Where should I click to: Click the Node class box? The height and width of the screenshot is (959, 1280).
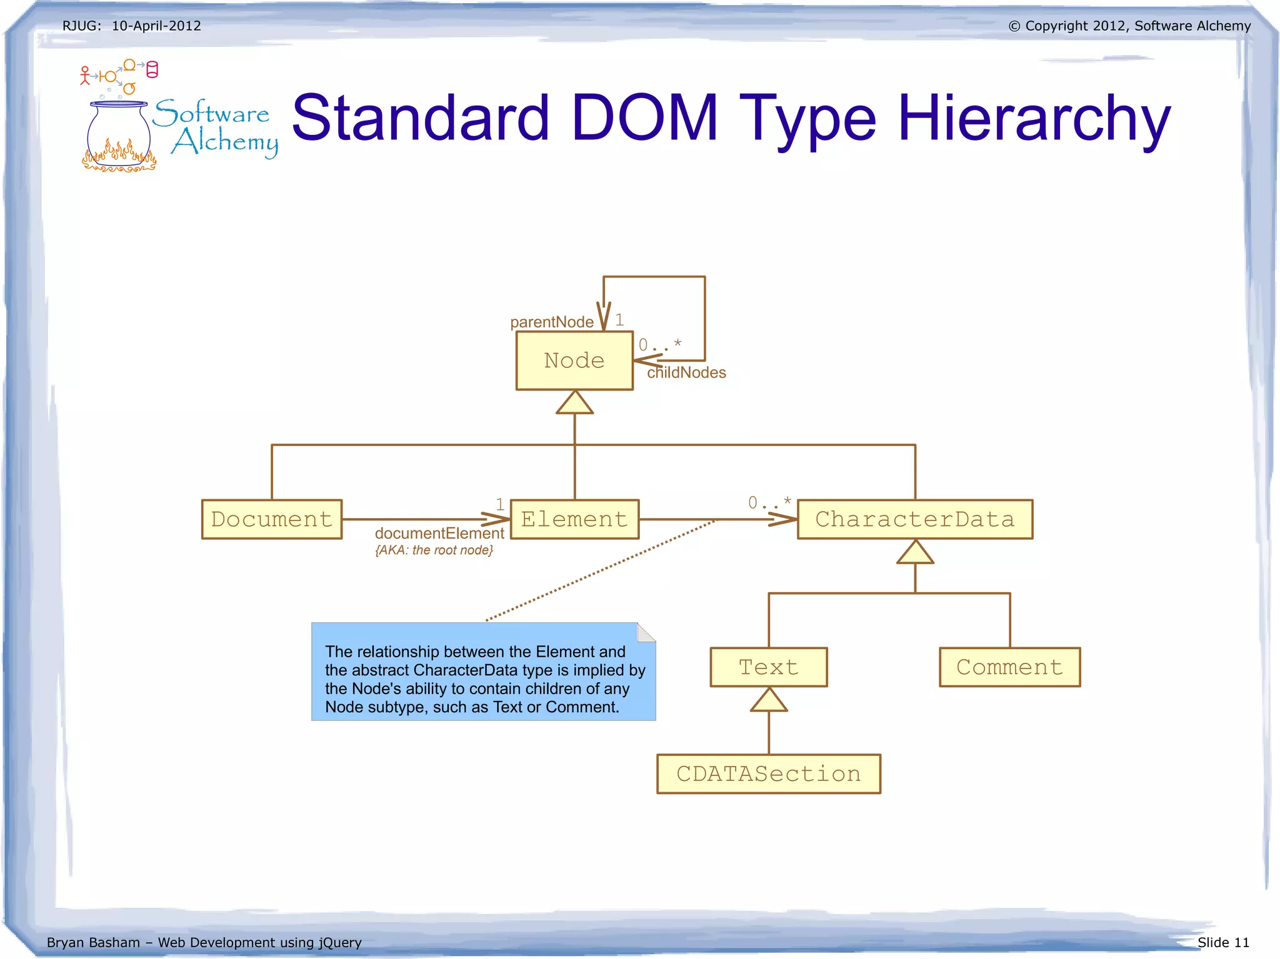click(x=574, y=360)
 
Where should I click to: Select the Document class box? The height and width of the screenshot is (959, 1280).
click(x=272, y=519)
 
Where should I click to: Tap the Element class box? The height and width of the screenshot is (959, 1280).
click(x=574, y=519)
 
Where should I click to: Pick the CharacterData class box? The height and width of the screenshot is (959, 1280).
click(x=915, y=519)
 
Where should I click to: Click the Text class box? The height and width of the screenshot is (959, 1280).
click(x=769, y=667)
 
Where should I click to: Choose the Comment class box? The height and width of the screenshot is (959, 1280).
click(x=1009, y=667)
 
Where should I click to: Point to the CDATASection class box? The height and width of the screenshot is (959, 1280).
click(x=769, y=774)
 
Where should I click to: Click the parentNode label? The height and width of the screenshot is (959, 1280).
click(x=551, y=322)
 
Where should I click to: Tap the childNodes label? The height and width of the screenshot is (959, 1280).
click(x=686, y=373)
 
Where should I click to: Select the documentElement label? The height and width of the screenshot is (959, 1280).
click(x=439, y=534)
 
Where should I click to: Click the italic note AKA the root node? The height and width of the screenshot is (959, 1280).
click(x=434, y=550)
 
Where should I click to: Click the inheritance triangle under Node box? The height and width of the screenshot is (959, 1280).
click(x=574, y=403)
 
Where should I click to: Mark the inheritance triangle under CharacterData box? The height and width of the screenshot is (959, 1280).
click(x=915, y=553)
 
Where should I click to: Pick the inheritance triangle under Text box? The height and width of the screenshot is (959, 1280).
click(x=769, y=700)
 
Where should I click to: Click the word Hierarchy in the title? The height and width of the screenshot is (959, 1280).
click(x=1034, y=119)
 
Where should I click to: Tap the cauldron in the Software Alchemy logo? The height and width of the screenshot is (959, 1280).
click(x=119, y=134)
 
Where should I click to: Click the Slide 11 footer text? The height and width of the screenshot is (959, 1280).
click(x=1223, y=942)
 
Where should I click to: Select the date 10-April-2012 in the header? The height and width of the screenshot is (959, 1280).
click(x=156, y=26)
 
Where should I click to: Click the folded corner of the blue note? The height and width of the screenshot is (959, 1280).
click(x=646, y=633)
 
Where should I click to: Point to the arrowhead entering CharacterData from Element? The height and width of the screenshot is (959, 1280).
click(x=784, y=519)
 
